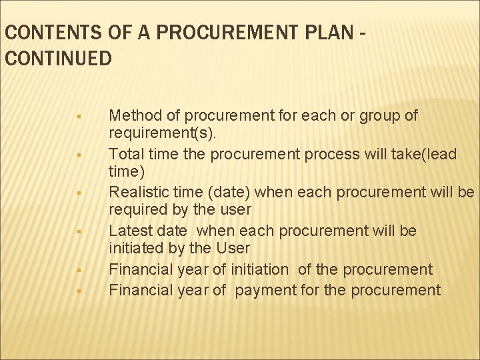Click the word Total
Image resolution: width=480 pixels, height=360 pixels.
click(x=125, y=154)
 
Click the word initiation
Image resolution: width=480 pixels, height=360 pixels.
click(x=259, y=269)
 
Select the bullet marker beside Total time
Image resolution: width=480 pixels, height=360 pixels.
click(x=78, y=156)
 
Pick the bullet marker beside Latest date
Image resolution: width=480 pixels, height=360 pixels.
click(x=78, y=233)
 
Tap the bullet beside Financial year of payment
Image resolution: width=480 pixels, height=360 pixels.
click(x=78, y=291)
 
